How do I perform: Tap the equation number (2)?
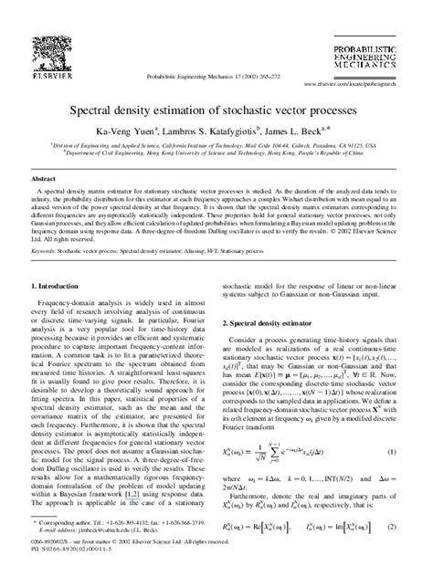(x=390, y=529)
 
